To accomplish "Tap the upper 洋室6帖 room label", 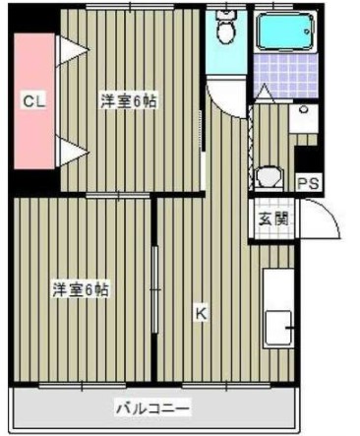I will (128, 100).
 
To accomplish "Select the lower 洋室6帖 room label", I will (80, 289).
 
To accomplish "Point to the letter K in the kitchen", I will (200, 315).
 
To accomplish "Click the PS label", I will (308, 183).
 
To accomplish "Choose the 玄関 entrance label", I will (272, 219).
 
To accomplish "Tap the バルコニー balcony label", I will (152, 406).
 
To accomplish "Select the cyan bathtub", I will (284, 35).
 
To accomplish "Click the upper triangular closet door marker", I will (69, 51).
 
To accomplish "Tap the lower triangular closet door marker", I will (69, 150).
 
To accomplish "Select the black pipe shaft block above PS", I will (308, 157).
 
